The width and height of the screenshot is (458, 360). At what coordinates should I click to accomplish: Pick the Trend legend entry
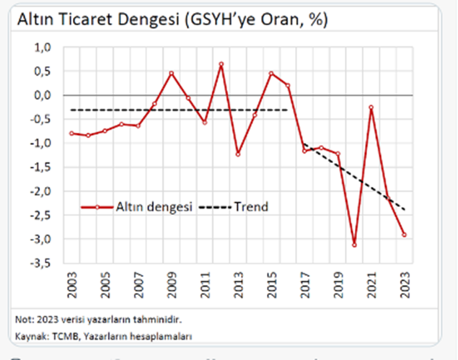click(x=249, y=207)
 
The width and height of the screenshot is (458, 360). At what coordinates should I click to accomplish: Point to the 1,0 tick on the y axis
click(x=43, y=47)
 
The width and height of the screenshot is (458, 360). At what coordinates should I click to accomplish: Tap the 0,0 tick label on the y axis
click(x=43, y=95)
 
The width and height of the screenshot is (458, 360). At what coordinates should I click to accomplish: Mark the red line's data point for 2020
click(x=355, y=245)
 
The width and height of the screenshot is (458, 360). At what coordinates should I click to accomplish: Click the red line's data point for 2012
click(x=221, y=63)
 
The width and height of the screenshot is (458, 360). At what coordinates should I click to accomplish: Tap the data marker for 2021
click(x=371, y=107)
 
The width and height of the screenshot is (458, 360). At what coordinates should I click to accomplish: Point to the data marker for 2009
click(x=172, y=73)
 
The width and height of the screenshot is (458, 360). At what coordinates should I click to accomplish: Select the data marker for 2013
click(x=238, y=154)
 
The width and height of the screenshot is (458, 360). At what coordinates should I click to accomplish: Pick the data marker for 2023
click(x=405, y=234)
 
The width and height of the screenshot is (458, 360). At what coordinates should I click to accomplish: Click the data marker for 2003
click(x=71, y=133)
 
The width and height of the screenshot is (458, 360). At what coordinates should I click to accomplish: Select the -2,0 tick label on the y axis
click(x=42, y=191)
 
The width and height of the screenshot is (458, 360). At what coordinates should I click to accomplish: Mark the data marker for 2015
click(x=271, y=73)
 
